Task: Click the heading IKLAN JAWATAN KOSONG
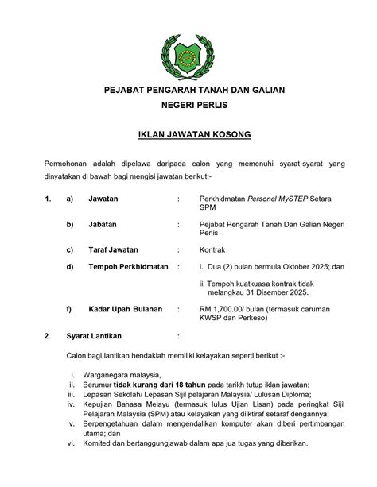coord(188,135)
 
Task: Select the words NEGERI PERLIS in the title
coord(188,107)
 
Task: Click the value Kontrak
coord(213,249)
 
